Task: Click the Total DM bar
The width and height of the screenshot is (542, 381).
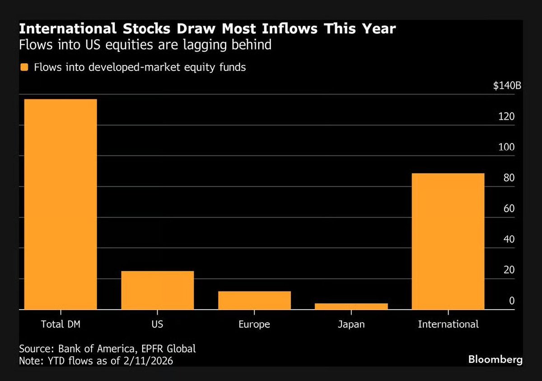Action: click(61, 204)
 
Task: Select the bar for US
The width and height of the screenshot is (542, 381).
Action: click(158, 290)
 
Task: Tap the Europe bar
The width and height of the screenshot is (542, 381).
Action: click(254, 300)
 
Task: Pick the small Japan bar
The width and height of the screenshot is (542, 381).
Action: click(351, 306)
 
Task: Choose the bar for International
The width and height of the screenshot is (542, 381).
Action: click(448, 241)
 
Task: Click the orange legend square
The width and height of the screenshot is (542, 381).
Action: click(25, 67)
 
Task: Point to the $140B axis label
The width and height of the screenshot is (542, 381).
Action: click(507, 86)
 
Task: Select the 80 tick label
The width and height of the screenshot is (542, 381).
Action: click(509, 178)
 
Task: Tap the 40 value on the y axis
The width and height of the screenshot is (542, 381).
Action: click(509, 239)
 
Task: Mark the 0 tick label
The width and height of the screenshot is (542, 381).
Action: click(512, 301)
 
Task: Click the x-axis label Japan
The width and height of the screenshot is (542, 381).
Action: click(351, 324)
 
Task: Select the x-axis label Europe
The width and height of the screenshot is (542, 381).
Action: click(254, 324)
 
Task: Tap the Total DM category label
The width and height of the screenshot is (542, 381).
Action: click(61, 324)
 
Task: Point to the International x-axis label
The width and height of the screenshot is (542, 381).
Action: click(448, 324)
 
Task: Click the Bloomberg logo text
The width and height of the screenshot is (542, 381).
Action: click(495, 360)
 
